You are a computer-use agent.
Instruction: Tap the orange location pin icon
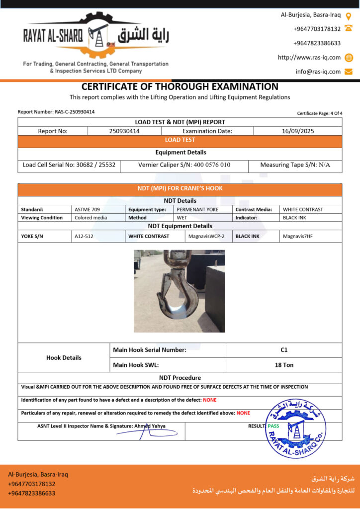tap(349, 15)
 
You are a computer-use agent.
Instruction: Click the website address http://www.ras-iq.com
tap(309, 58)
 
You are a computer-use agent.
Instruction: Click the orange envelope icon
tap(349, 72)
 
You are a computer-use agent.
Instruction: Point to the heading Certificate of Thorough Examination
tap(180, 86)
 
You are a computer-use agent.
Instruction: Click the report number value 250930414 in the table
tap(124, 131)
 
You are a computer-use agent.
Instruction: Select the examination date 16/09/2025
tap(297, 131)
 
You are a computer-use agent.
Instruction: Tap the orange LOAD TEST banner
tap(180, 140)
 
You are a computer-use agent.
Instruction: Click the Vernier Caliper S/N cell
tap(184, 165)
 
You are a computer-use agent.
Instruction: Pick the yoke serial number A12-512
tap(84, 237)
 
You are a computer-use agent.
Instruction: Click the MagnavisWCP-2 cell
tap(206, 237)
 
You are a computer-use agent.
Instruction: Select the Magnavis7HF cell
tap(297, 237)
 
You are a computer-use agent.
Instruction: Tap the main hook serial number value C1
tap(284, 350)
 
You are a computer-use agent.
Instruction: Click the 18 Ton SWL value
tap(284, 365)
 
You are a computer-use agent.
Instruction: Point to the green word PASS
tap(273, 426)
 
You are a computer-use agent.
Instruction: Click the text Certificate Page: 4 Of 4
tap(320, 113)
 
